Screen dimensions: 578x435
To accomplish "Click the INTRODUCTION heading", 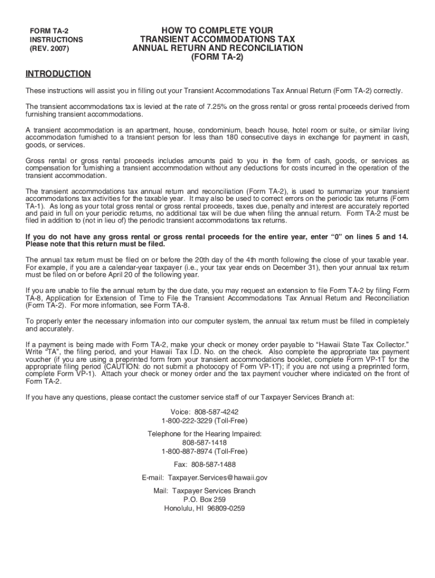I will tap(58, 74).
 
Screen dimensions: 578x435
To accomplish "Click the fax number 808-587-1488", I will tap(214, 465).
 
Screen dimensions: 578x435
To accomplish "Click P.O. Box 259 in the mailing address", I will tap(205, 500).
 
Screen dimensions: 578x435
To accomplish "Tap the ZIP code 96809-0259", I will tap(226, 508).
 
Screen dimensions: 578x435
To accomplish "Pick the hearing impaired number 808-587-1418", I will tap(205, 443).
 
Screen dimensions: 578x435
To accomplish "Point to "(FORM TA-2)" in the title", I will tap(217, 57).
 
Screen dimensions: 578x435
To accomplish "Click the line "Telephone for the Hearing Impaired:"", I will tap(205, 434).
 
